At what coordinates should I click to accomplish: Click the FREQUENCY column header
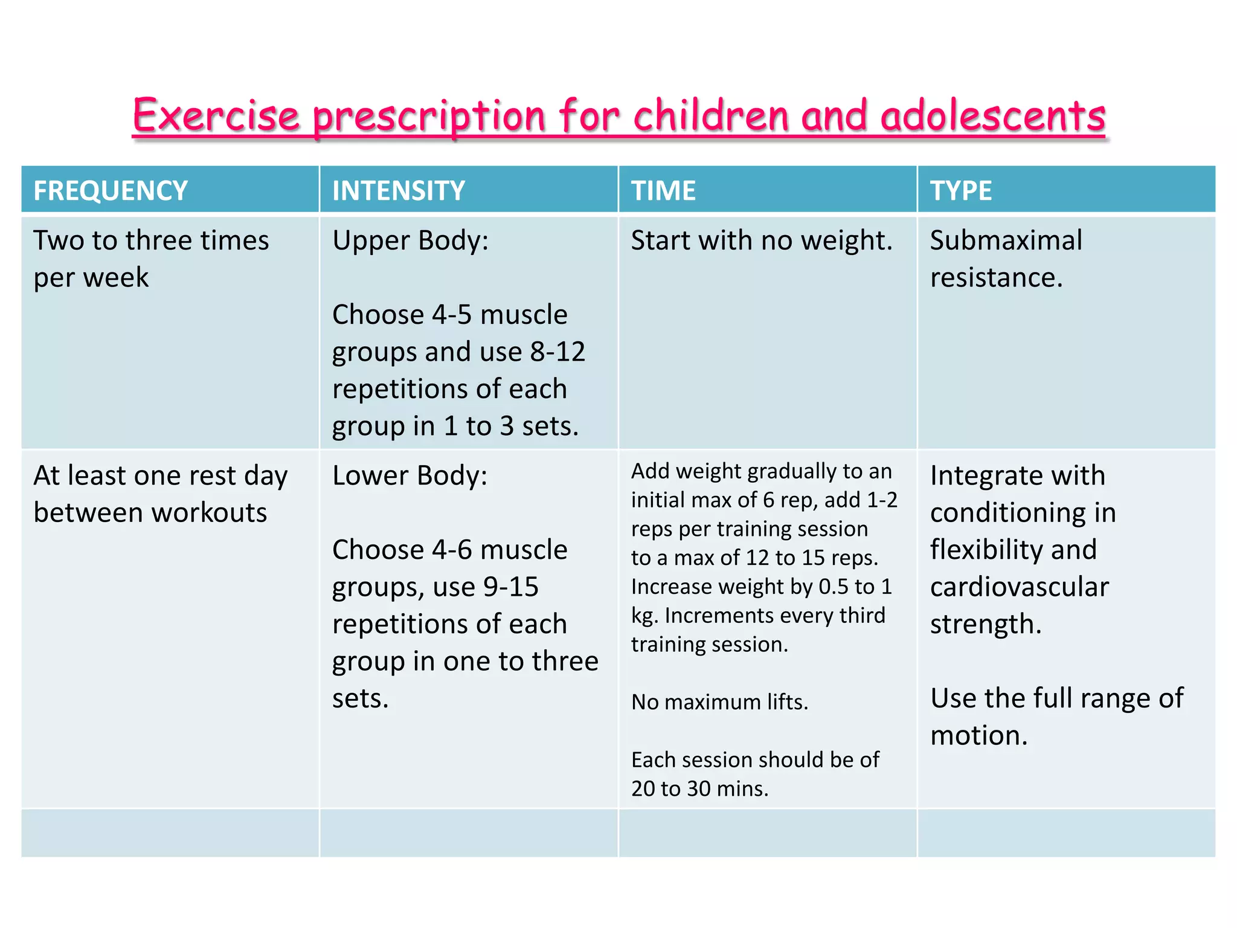point(111,190)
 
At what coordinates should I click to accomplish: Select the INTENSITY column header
point(399,190)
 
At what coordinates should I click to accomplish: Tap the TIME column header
point(663,190)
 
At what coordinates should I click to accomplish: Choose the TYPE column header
point(960,190)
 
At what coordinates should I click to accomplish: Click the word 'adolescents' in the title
point(992,116)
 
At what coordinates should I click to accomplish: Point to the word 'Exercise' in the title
point(216,116)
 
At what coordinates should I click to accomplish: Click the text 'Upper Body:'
point(410,240)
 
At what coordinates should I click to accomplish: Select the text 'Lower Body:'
point(410,475)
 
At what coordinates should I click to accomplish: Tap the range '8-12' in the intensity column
point(557,352)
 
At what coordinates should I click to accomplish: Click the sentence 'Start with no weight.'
point(762,240)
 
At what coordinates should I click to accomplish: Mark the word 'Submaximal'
point(1006,240)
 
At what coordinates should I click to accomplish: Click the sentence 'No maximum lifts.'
point(719,702)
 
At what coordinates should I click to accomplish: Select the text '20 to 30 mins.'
point(699,788)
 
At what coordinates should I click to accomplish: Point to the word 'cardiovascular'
point(1019,587)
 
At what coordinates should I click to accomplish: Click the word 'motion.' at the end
point(978,735)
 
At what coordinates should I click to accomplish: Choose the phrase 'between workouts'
point(150,512)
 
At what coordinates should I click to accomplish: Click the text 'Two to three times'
point(151,240)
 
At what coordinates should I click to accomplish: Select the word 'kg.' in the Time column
point(644,616)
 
